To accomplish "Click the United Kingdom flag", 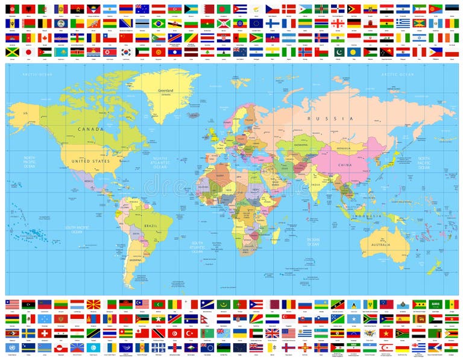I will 272,332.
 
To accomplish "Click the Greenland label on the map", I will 166,90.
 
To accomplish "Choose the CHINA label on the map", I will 345,164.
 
